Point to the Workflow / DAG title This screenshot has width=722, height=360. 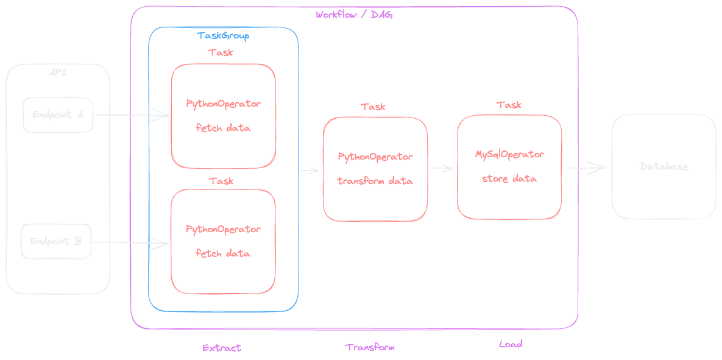[x=354, y=15]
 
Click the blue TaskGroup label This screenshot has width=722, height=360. [x=223, y=36]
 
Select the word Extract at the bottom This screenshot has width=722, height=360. [x=222, y=348]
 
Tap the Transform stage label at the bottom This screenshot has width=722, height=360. [x=370, y=347]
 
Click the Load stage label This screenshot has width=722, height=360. [x=511, y=344]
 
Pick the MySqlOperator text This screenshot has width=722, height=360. [x=509, y=155]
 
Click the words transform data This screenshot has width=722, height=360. [x=375, y=181]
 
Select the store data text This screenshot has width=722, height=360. [x=509, y=179]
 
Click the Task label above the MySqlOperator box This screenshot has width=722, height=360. [x=509, y=105]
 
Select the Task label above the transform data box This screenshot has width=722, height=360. [x=373, y=107]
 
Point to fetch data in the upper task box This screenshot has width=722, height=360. [x=223, y=129]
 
